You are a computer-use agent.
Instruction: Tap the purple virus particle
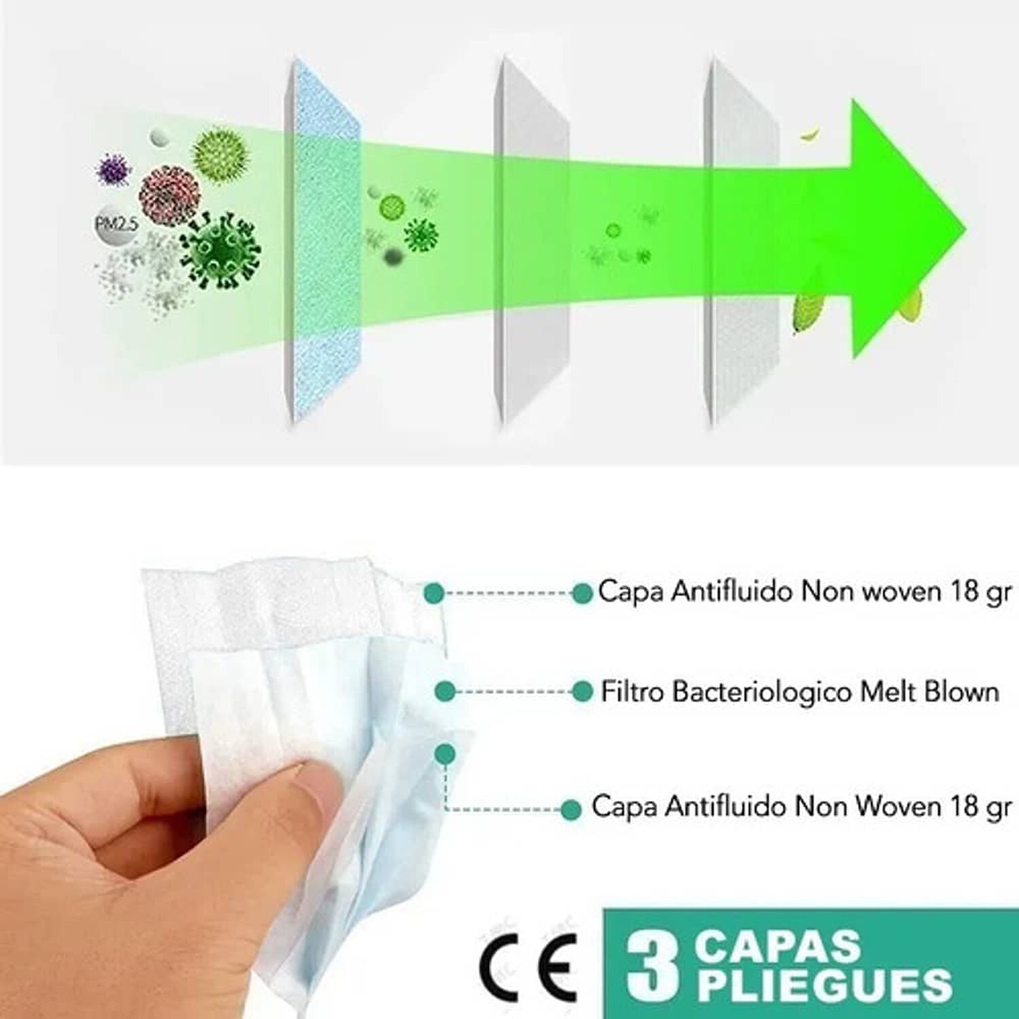pyautogui.click(x=113, y=171)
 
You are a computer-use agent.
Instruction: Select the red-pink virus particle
pyautogui.click(x=169, y=194)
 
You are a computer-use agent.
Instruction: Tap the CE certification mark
pyautogui.click(x=528, y=965)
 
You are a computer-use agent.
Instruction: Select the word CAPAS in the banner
pyautogui.click(x=777, y=946)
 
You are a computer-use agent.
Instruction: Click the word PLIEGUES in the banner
pyautogui.click(x=825, y=984)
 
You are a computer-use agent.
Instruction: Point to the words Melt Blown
pyautogui.click(x=930, y=692)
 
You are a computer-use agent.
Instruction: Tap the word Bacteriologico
pyautogui.click(x=762, y=692)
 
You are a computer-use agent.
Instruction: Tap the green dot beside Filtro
pyautogui.click(x=582, y=692)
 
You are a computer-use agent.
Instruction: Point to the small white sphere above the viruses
pyautogui.click(x=160, y=136)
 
